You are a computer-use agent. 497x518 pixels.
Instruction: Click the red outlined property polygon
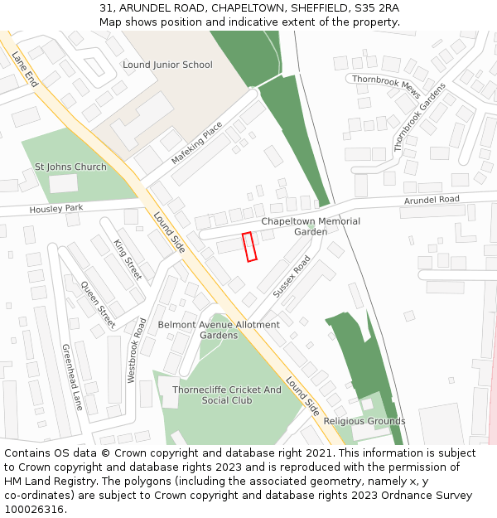pos(249,247)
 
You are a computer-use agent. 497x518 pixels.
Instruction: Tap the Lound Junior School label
pos(167,65)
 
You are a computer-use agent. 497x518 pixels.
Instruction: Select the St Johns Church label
pos(70,167)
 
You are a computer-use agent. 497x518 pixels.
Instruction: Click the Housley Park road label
pos(57,208)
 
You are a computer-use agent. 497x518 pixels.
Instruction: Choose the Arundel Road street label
pos(432,200)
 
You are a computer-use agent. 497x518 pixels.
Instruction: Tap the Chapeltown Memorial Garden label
pos(311,226)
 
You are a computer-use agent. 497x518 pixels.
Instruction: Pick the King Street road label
pos(128,259)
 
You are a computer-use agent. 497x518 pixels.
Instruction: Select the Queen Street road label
pos(98,305)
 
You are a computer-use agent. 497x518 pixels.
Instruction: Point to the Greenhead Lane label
pos(72,377)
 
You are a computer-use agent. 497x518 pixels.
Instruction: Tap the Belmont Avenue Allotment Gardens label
pos(219,330)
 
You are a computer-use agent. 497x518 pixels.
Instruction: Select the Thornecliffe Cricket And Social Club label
pos(226,395)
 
